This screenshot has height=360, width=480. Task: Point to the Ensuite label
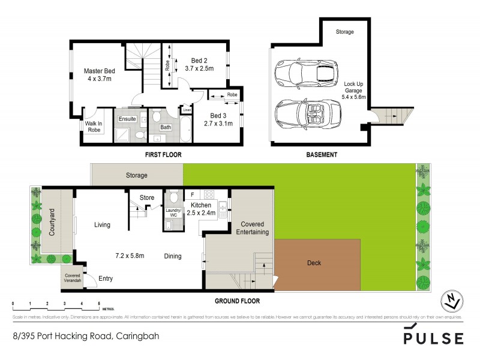coord(127,119)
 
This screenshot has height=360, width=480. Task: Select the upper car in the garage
coord(306,75)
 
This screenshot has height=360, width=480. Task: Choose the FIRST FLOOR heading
coord(163,155)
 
